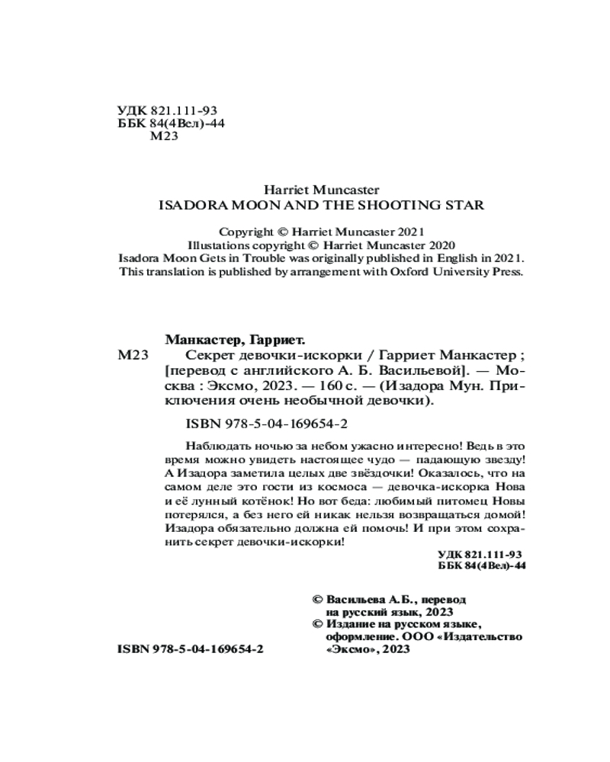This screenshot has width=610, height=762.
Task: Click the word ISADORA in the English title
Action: tap(186, 204)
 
